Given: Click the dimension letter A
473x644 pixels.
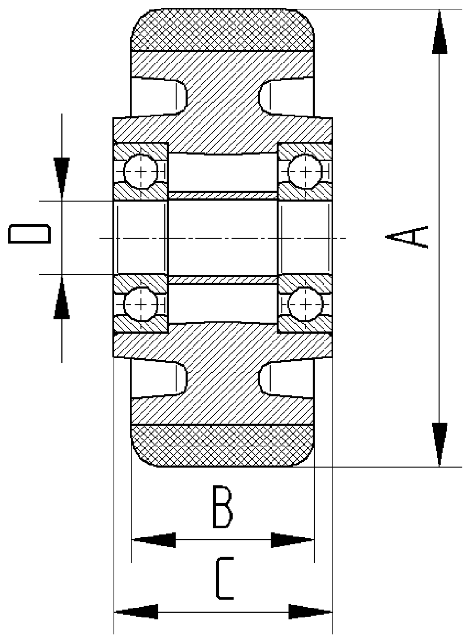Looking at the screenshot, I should coord(408,237).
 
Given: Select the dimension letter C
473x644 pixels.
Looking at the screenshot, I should coord(224,579).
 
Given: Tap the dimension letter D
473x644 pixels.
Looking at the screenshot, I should coord(29,234).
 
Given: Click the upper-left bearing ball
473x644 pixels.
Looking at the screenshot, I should coord(140,171).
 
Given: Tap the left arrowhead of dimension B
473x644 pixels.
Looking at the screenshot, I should coord(154,540).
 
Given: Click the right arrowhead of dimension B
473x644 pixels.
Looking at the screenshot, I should coord(292,540).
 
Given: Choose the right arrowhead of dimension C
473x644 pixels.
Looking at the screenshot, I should coord(310,612).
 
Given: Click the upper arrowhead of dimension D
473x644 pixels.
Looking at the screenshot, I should coord(61,178).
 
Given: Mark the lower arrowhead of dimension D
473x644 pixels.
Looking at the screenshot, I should coord(61,298).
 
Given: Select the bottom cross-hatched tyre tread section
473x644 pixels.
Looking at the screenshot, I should coord(222,446).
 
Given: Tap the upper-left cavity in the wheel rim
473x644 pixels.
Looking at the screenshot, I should coord(156,98).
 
